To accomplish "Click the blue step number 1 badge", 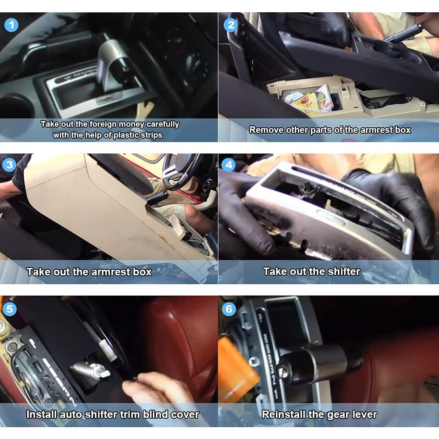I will (x=11, y=25).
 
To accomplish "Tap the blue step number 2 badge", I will (x=230, y=25).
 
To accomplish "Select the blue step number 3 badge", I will (x=9, y=165).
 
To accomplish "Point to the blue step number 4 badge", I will (x=228, y=165).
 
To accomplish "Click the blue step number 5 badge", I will (x=9, y=309).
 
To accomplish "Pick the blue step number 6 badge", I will (x=228, y=309).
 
